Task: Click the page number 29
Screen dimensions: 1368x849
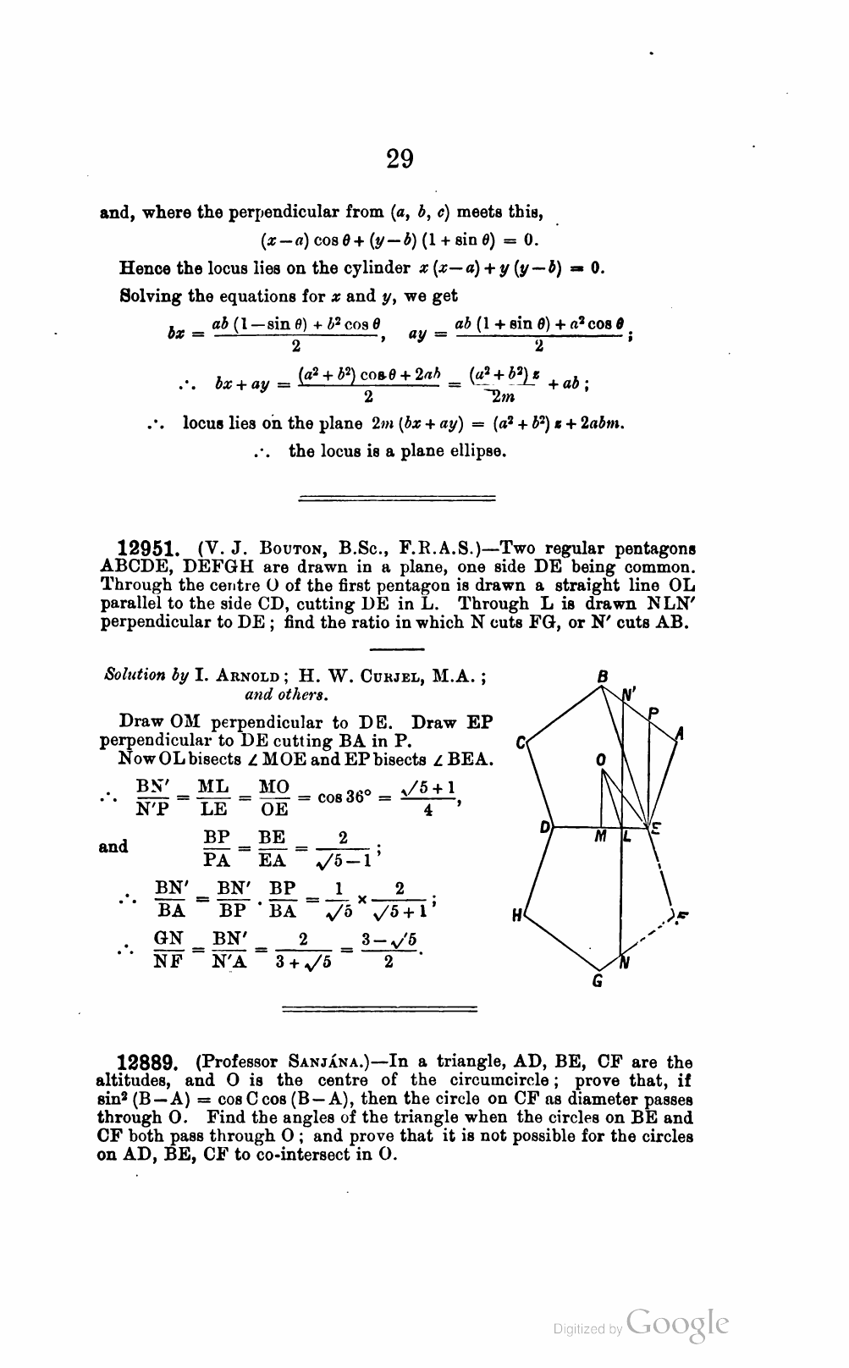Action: click(400, 158)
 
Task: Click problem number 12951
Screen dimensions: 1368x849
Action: click(146, 549)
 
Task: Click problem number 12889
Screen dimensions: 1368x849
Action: click(144, 1062)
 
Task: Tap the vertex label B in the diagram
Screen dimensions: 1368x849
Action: click(603, 676)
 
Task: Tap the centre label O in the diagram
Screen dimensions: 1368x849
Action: click(600, 760)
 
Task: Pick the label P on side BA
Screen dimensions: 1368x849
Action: click(653, 713)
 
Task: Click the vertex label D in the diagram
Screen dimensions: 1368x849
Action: click(546, 825)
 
